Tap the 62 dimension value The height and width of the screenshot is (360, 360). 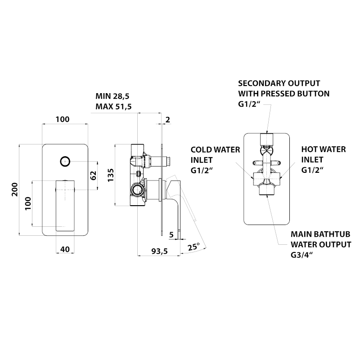point(94,175)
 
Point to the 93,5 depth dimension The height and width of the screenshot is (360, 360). point(159,252)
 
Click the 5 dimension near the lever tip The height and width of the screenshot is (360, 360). point(171,234)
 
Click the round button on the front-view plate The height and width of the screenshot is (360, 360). point(65,161)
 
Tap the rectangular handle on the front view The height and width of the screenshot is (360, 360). point(64,203)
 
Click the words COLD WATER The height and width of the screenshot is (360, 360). point(215,149)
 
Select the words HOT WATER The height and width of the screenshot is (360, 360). point(324,149)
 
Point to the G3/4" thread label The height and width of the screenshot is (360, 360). point(302,255)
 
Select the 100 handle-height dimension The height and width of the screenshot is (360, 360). point(28,203)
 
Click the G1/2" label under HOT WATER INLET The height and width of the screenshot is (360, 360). point(313,170)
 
